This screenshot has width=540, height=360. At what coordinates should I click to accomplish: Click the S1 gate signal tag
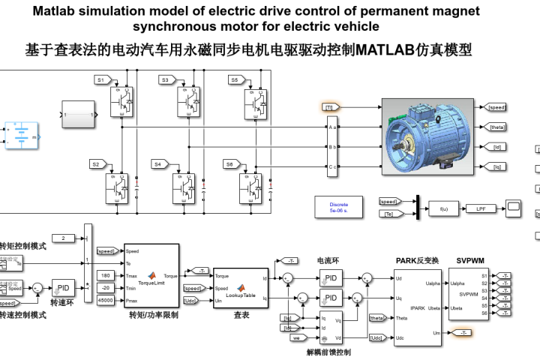pos(103,79)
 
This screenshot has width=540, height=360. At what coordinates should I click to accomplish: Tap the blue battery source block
pos(22,135)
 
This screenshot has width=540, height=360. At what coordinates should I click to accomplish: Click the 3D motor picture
pos(427,136)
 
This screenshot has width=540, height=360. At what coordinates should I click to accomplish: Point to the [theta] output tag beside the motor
pos(496,127)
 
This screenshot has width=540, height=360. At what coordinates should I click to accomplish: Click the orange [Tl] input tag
pos(329,108)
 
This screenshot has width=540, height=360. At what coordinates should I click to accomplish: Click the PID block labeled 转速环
pos(63,288)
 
